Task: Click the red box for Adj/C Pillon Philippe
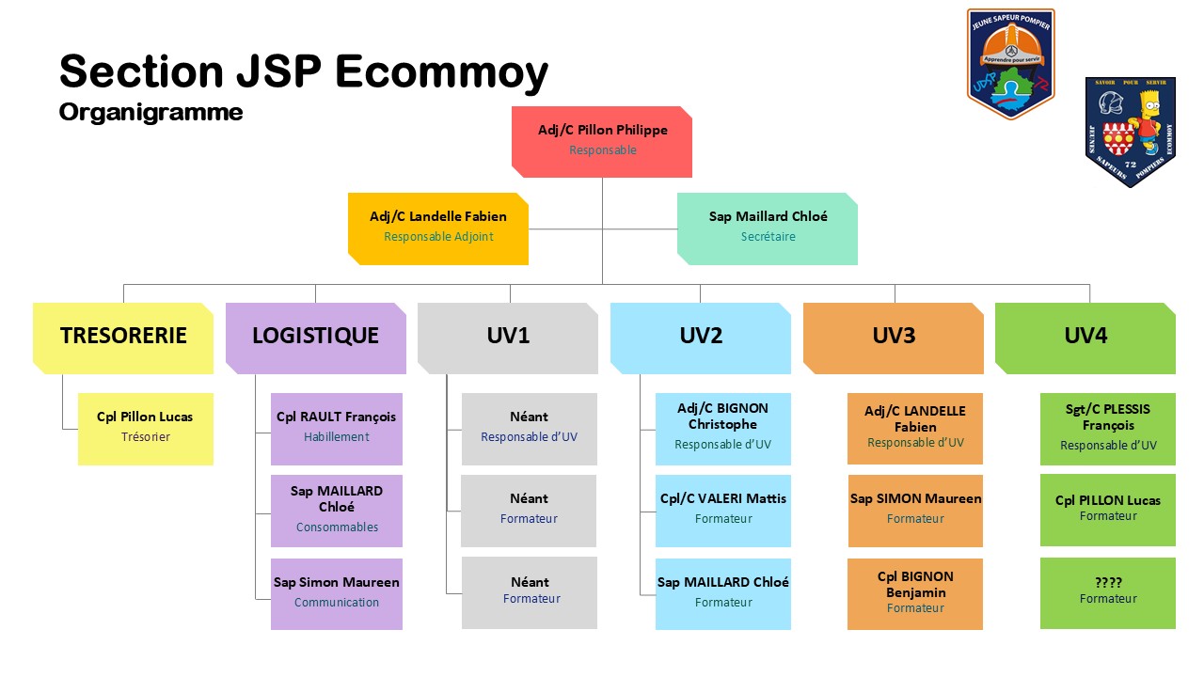[x=602, y=141]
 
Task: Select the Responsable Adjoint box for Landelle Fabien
[x=438, y=228]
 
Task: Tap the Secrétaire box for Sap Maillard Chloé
[x=768, y=228]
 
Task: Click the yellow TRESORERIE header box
[x=123, y=338]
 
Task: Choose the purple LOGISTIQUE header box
[x=316, y=338]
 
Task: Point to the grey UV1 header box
[x=508, y=338]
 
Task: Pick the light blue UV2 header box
[x=701, y=338]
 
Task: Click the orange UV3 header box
[x=894, y=338]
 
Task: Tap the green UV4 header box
[x=1085, y=338]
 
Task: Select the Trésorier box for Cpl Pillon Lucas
[x=146, y=429]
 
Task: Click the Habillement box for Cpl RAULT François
[x=337, y=429]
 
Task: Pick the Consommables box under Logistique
[x=337, y=511]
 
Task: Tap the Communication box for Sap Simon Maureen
[x=337, y=593]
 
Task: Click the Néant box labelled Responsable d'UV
[x=529, y=429]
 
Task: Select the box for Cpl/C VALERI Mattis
[x=723, y=511]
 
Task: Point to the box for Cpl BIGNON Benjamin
[x=915, y=593]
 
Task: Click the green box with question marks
[x=1108, y=592]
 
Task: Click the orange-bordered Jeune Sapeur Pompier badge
[x=1011, y=64]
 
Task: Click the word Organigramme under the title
[x=150, y=113]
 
